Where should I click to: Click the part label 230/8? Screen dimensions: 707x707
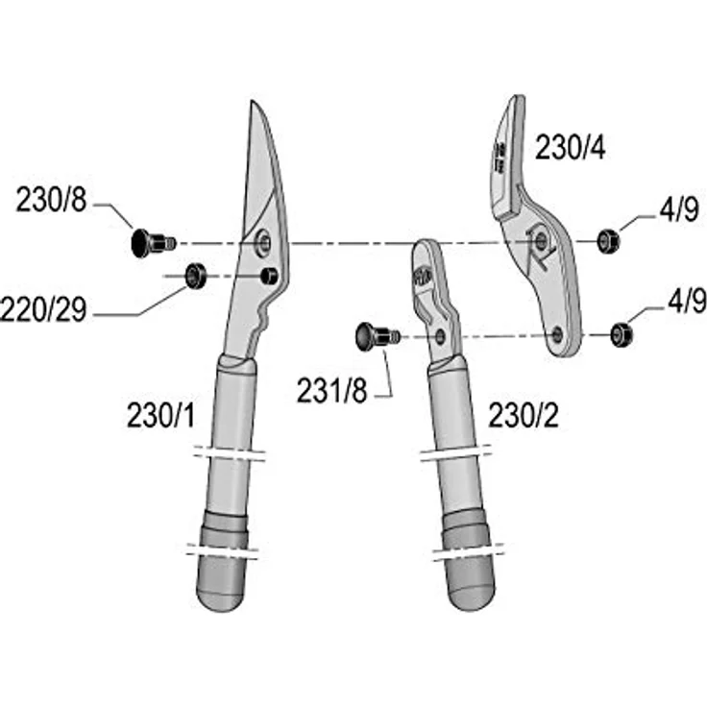pyautogui.click(x=51, y=200)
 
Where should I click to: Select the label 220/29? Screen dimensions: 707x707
pyautogui.click(x=43, y=310)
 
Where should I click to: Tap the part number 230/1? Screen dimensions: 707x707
pyautogui.click(x=161, y=415)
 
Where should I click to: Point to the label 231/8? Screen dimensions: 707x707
pyautogui.click(x=331, y=390)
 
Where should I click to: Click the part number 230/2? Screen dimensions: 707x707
pyautogui.click(x=524, y=415)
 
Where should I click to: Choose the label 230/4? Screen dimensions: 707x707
pyautogui.click(x=571, y=147)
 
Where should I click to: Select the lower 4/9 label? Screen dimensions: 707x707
pyautogui.click(x=687, y=301)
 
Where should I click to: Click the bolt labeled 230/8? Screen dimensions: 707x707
pyautogui.click(x=153, y=243)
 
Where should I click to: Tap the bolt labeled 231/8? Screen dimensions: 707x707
pyautogui.click(x=377, y=336)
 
